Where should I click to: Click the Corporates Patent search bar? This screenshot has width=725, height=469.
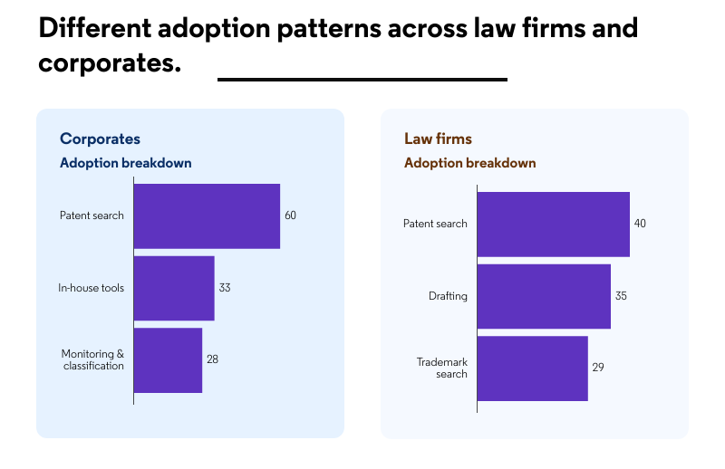coord(207,215)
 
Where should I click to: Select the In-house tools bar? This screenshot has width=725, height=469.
coord(174,288)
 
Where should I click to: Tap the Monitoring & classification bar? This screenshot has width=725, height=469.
coord(168,359)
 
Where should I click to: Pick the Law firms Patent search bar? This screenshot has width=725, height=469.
coord(553,224)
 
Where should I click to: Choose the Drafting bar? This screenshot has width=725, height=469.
coord(544,296)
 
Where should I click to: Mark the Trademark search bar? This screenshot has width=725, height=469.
coord(532,368)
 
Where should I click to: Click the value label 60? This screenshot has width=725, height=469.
coord(290,215)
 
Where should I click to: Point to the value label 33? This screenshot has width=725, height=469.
coord(225,288)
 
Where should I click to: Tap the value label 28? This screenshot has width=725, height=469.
coord(212,359)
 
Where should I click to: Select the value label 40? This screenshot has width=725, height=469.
coord(640,224)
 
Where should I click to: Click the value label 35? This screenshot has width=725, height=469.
coord(621,296)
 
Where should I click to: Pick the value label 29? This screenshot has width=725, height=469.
coord(598,368)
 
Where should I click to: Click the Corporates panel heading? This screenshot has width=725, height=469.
coord(100,139)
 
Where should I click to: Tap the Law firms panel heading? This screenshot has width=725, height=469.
coord(438,139)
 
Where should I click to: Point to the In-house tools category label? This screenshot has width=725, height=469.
coord(91,288)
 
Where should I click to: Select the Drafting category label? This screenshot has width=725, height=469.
coord(448,296)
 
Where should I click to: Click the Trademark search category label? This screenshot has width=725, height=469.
coord(442,368)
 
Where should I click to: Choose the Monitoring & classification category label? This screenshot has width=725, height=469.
coord(92,359)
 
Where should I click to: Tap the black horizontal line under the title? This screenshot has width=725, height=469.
coord(362,80)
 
